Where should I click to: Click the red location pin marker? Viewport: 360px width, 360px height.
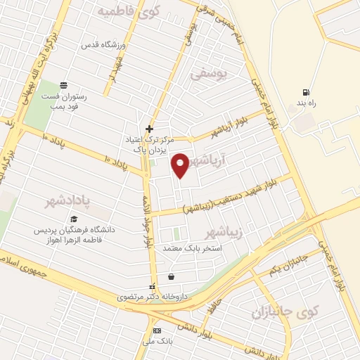click(181, 164)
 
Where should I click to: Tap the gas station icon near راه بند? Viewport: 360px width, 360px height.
click(305, 92)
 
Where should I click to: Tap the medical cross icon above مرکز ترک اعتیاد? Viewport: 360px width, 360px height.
click(149, 129)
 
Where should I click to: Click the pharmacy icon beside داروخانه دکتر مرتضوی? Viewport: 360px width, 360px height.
click(151, 287)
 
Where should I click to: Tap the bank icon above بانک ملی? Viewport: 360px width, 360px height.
click(157, 330)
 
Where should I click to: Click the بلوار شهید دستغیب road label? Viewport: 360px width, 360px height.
click(236, 195)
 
